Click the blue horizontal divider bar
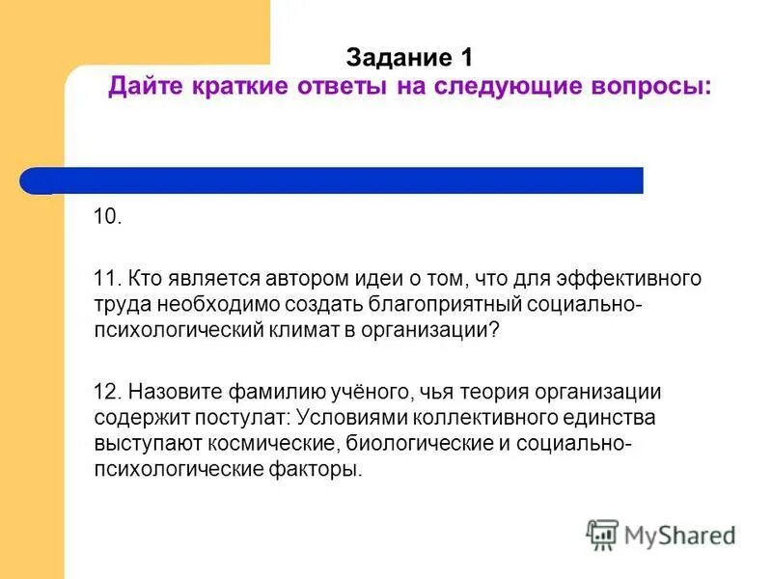tap(333, 180)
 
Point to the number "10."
tap(107, 216)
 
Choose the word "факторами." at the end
tap(317, 469)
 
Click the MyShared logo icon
tap(602, 534)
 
